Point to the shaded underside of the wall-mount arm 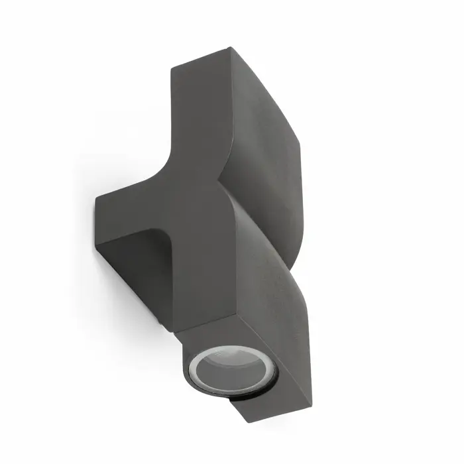click(x=133, y=265)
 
